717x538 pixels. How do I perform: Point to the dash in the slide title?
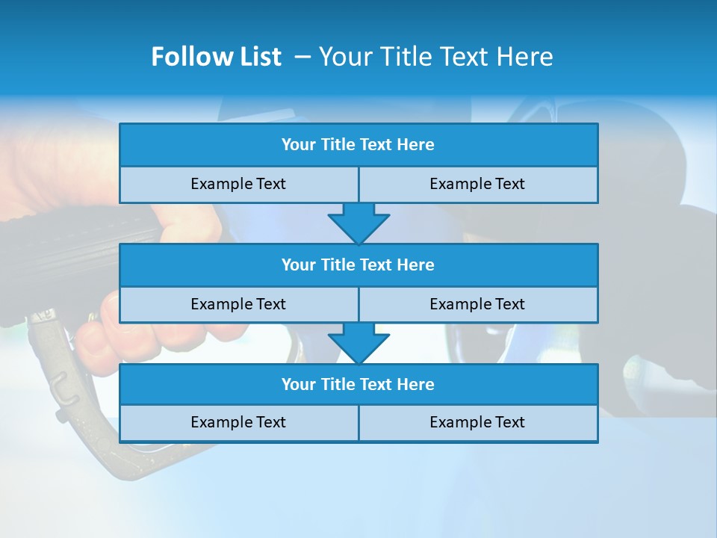302,57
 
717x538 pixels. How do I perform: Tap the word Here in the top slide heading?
523,57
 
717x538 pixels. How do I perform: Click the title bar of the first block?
358,145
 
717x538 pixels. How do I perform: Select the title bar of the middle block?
358,265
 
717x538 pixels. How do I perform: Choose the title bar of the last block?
358,385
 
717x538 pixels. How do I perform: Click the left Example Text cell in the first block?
239,184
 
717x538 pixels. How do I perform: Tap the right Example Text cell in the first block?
478,184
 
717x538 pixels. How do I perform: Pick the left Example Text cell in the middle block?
239,304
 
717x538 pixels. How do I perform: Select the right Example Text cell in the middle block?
478,304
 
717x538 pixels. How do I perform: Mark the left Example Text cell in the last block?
239,422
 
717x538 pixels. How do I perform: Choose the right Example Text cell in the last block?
478,422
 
